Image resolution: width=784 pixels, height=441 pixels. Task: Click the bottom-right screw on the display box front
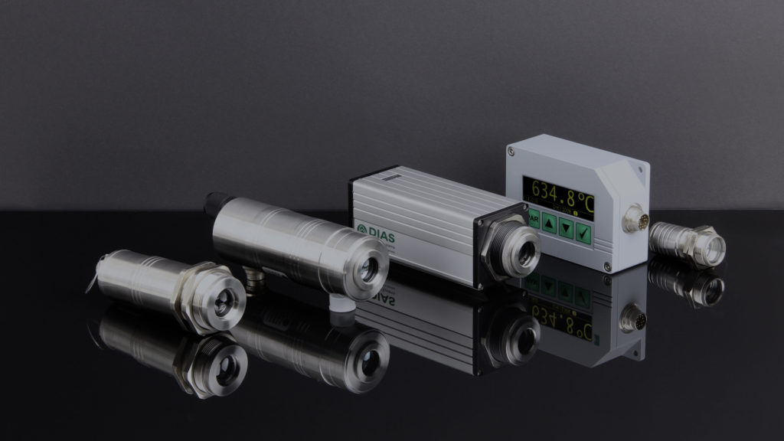(607, 266)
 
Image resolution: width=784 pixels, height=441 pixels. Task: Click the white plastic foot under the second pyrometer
(345, 303)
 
